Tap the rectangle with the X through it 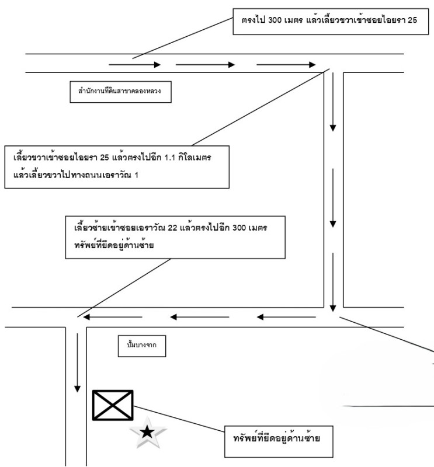click(113, 405)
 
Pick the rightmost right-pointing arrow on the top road click(286, 65)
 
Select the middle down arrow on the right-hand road click(333, 198)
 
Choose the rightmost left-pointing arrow click(286, 318)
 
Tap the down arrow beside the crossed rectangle click(77, 361)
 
